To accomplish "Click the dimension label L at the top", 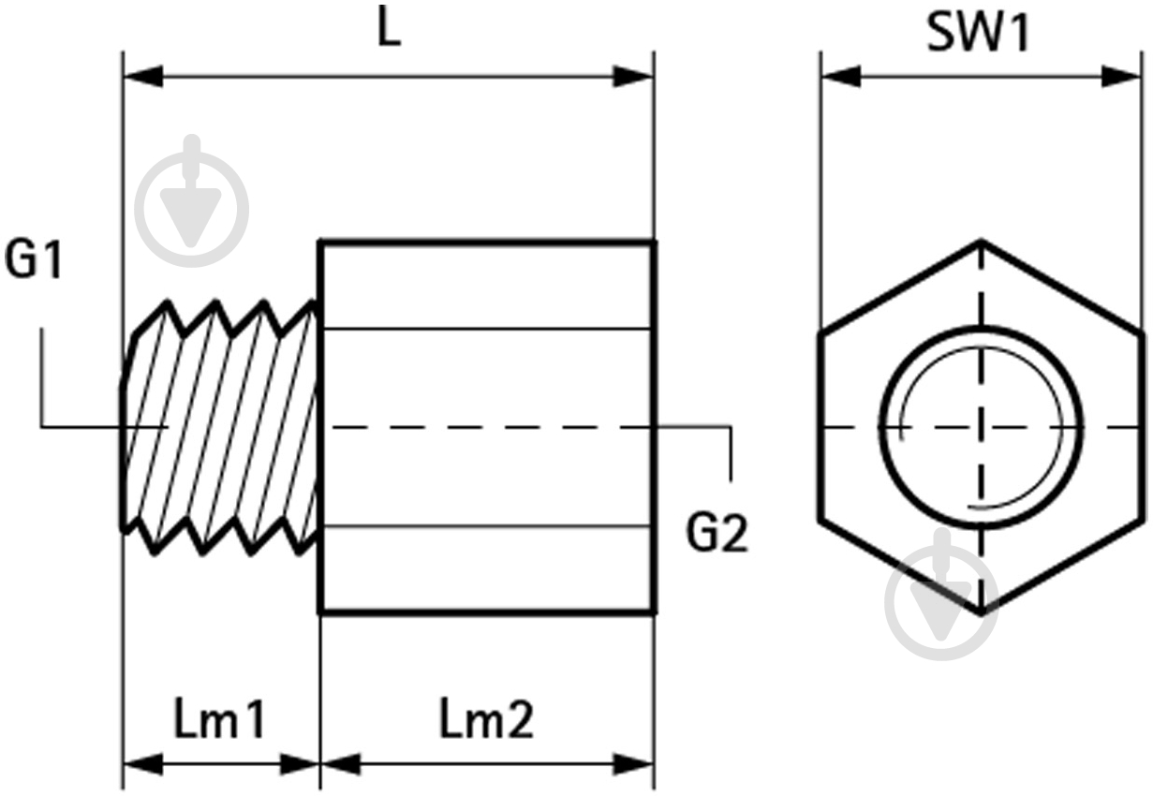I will pos(389,29).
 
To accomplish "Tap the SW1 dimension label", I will pos(979,35).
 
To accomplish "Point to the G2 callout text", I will pos(717,535).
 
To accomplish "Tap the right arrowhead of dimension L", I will pos(634,77).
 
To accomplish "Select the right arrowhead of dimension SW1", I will pos(1122,77).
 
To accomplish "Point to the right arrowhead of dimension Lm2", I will pos(634,764).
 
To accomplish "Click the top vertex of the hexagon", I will pos(981,242).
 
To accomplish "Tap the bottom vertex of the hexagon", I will pos(981,613).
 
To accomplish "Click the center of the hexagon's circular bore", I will pos(981,427).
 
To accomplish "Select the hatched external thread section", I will pos(221,427).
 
